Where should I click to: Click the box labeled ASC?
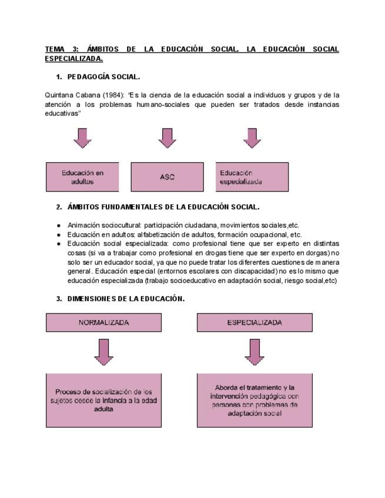click(x=167, y=177)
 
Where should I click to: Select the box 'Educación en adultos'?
click(x=82, y=177)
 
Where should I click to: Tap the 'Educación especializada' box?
click(x=252, y=177)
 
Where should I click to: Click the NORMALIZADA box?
click(x=103, y=322)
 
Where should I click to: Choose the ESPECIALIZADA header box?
click(x=254, y=322)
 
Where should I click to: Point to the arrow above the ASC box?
click(x=168, y=138)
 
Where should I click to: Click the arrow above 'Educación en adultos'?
click(x=83, y=138)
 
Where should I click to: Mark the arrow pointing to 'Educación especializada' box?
click(x=252, y=138)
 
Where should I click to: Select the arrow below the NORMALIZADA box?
click(x=103, y=351)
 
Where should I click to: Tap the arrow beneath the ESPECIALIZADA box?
click(x=254, y=351)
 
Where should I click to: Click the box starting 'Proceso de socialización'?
click(x=103, y=400)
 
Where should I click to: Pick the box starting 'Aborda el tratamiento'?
click(x=254, y=400)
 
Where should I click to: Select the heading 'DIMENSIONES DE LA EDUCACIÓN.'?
click(x=126, y=298)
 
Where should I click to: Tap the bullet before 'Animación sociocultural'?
click(x=59, y=225)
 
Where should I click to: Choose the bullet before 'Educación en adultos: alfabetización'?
click(x=59, y=234)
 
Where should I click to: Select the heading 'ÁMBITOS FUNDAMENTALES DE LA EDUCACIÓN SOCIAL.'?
click(x=163, y=207)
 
